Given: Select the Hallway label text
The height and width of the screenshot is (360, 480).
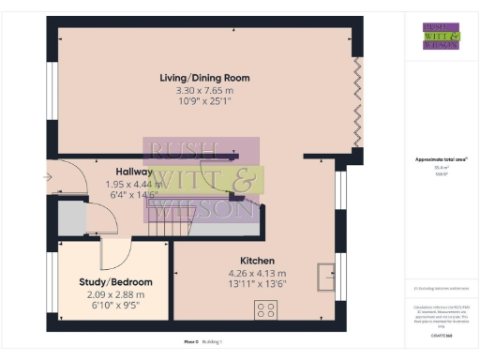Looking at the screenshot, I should click(x=135, y=172).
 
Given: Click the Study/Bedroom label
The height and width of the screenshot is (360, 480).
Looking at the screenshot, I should click(x=115, y=282).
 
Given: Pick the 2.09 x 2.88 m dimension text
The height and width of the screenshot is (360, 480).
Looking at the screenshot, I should click(x=115, y=294).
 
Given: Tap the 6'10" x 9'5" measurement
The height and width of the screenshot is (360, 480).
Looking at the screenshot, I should click(x=115, y=306).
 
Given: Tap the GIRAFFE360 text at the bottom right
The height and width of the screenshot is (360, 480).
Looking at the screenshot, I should click(x=441, y=334).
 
